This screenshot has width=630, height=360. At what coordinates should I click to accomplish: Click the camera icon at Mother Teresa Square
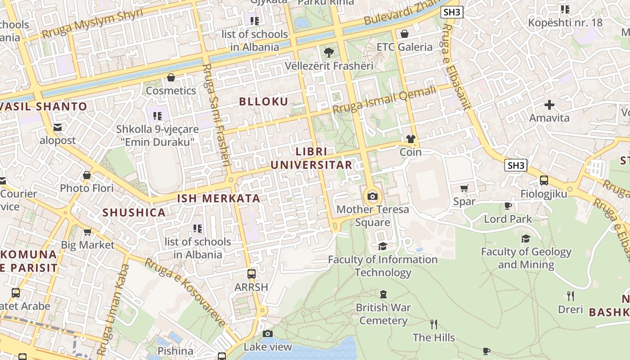(x=373, y=197)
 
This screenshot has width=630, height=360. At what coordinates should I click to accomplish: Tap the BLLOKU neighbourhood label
(x=264, y=102)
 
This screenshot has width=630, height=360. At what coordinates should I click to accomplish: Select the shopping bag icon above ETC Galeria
(x=404, y=34)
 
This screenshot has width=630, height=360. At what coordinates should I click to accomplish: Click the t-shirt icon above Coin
(x=410, y=139)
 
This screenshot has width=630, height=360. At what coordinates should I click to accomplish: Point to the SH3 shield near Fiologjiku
(x=516, y=165)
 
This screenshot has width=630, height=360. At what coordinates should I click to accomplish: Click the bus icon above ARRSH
(x=252, y=274)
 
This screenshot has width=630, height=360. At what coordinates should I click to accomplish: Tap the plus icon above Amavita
(x=549, y=105)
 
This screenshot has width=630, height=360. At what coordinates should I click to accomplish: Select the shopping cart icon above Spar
(x=464, y=188)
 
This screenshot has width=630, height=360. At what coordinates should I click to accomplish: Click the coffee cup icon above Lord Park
(x=508, y=206)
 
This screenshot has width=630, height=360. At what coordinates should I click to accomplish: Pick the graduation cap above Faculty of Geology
(x=526, y=238)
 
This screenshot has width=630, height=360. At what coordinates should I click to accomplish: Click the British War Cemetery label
(x=383, y=314)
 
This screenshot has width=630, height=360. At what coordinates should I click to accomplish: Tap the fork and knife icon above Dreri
(x=570, y=296)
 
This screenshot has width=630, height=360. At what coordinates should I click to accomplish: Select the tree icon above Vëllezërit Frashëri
(x=329, y=52)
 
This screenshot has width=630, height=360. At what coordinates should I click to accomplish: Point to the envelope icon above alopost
(x=58, y=127)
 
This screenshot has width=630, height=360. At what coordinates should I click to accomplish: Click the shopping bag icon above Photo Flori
(x=87, y=175)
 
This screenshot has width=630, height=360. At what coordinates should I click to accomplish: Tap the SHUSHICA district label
(x=134, y=213)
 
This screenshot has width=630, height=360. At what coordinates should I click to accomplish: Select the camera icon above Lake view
(x=268, y=333)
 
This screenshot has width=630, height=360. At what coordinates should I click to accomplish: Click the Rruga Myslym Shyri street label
(x=92, y=23)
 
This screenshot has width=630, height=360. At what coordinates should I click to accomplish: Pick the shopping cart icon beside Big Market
(x=87, y=232)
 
